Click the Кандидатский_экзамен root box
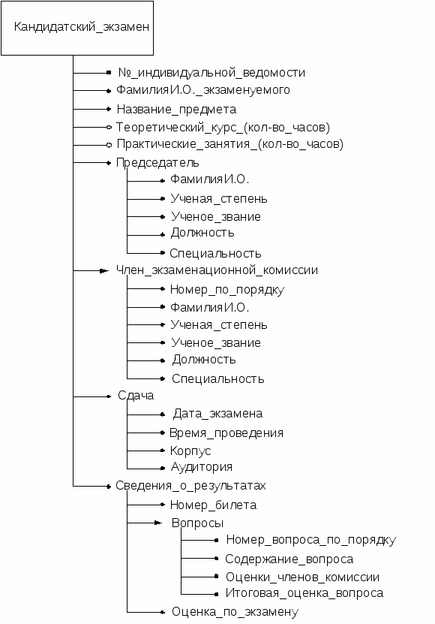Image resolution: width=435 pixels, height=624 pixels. pos(77,28)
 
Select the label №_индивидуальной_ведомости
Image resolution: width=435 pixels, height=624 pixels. pos(211,73)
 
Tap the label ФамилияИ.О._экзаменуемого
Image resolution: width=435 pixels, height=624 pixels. pos(202,90)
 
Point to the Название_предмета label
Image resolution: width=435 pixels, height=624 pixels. pos(176,110)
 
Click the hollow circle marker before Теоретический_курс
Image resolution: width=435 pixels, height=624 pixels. pos(109,128)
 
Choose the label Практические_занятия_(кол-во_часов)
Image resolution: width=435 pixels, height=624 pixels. pos(229,144)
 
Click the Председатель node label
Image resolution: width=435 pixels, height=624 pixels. pos(157,163)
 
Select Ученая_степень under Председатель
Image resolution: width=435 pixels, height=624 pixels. pos(219,198)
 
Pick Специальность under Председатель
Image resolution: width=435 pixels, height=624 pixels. pos(215,254)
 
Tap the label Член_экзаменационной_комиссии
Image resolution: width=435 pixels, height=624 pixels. pos(217,270)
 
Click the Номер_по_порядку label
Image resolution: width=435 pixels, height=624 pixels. pos(226,290)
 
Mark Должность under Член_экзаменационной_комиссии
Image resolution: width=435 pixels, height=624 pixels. pos(204,360)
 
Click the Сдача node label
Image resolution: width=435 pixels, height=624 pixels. pos(136,396)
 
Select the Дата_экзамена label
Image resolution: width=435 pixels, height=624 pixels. pos(217,414)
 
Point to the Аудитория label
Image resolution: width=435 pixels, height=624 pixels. pos(202,467)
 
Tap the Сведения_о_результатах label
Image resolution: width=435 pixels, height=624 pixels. pos(190,486)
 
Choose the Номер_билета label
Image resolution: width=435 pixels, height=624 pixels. pos(213,505)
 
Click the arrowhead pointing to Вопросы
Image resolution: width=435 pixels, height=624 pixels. pos(158,523)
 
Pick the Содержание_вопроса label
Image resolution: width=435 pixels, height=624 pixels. pos(289,559)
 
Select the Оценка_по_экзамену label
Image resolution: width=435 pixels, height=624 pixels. pos(235,612)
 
